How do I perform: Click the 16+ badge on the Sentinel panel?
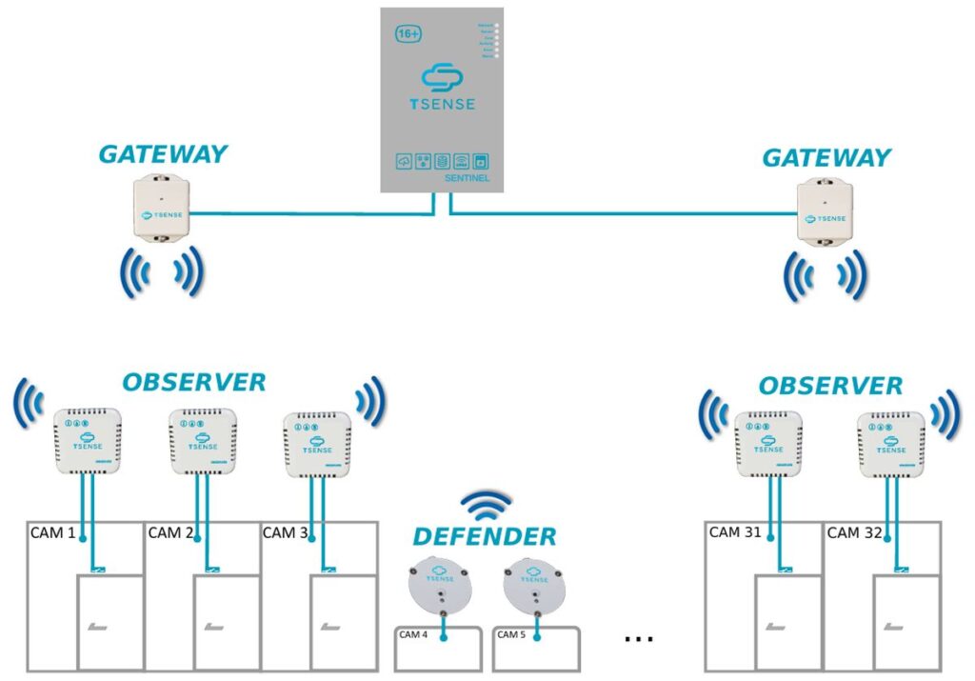point(408,33)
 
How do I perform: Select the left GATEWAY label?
point(163,154)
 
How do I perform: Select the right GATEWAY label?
point(826,157)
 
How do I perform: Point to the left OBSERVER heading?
point(193,383)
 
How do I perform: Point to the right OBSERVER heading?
point(830,386)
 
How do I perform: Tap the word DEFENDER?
point(485,537)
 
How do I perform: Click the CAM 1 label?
point(53,533)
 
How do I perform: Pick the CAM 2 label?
point(171,533)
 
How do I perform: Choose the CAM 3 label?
point(286,533)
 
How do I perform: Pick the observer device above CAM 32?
point(891,444)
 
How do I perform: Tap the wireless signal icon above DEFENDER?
point(486,506)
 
